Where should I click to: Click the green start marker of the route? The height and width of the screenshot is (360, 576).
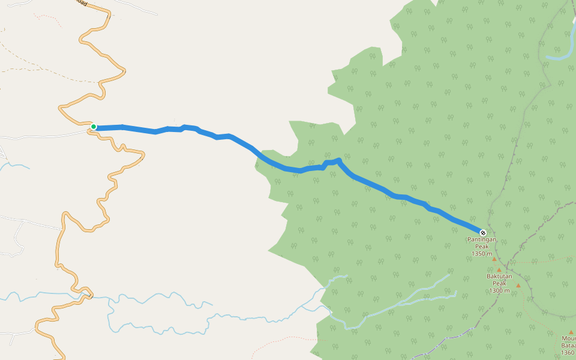(94, 127)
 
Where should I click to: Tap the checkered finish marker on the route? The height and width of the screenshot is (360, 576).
(482, 232)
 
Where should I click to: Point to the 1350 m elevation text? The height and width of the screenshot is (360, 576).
(482, 254)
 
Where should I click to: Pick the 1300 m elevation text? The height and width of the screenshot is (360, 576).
(499, 291)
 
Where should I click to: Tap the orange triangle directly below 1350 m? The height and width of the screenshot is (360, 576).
(494, 259)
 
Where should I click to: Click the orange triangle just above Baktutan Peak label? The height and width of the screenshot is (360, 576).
(499, 270)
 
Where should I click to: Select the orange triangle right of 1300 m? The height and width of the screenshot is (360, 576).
(518, 285)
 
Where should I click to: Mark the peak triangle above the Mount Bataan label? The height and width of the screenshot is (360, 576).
(572, 332)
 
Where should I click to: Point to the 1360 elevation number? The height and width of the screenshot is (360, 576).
(567, 353)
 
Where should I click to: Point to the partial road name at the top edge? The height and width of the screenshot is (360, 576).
(81, 3)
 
